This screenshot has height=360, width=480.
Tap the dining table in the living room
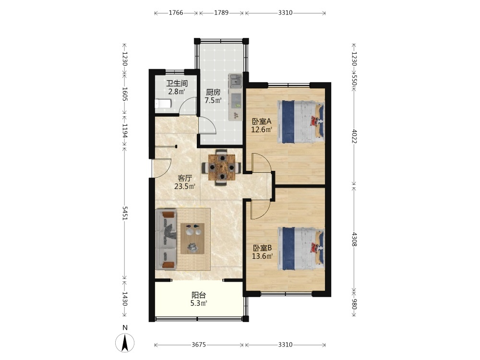pos(222,167)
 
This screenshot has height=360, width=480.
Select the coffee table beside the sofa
pos(192,239)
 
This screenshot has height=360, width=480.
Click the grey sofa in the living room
pos(166,239)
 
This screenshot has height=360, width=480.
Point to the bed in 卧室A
pos(301,122)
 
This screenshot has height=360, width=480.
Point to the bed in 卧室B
pos(301,249)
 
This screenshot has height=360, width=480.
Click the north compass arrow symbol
pos(125,343)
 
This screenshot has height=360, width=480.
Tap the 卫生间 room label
pos(177,83)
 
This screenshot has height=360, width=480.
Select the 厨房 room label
pos(213,92)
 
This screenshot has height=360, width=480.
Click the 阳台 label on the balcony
pos(199,295)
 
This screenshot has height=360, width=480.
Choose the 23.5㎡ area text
pos(185,186)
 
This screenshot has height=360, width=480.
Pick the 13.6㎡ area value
pos(263,256)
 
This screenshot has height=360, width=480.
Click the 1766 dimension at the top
pos(176,12)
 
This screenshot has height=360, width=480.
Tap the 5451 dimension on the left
pos(125,214)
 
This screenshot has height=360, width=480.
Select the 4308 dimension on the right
pos(354,240)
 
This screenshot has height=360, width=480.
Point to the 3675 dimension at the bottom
pos(199,345)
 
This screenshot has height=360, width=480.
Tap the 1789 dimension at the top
pos(221,12)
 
